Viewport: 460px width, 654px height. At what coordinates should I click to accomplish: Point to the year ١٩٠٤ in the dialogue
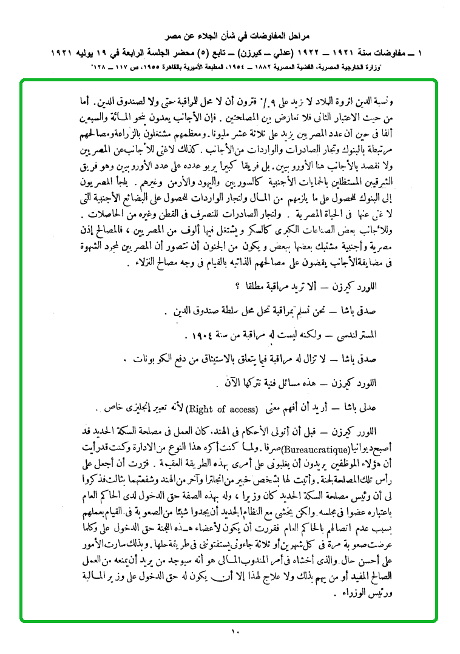198,335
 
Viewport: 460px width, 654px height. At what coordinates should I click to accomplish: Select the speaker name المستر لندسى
354,335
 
